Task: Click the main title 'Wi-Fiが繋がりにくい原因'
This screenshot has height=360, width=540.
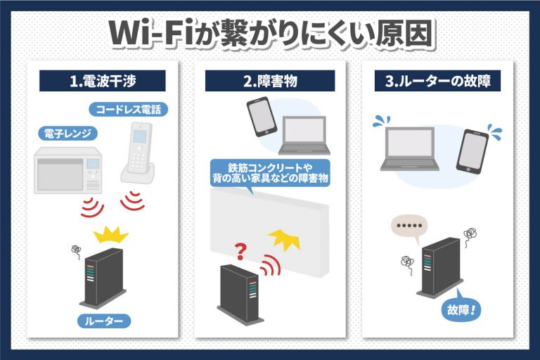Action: click(270, 34)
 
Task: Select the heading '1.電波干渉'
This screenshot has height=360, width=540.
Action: click(102, 81)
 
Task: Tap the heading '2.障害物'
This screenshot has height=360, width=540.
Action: click(270, 81)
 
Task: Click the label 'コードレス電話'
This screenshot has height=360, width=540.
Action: click(129, 110)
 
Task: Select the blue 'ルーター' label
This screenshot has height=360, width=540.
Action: click(102, 322)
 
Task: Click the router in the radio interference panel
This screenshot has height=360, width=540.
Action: click(103, 278)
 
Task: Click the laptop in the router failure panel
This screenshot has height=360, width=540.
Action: click(409, 148)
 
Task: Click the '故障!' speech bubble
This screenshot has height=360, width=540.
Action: click(461, 307)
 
